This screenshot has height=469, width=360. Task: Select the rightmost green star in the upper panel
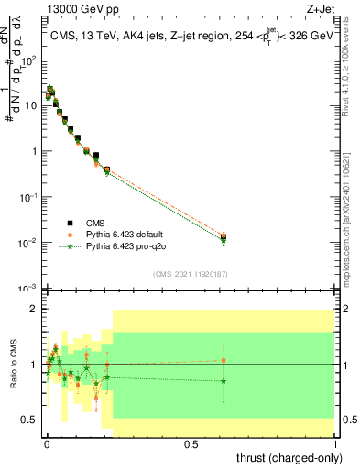224,241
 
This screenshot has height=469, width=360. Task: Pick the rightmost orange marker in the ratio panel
224,360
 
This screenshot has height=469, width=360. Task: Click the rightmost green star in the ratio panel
224,381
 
